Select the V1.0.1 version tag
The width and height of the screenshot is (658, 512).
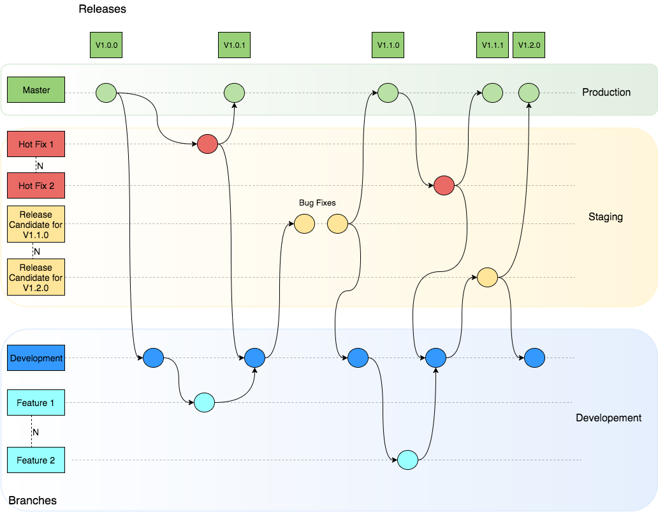coord(235,45)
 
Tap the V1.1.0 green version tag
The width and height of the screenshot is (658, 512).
coord(388,45)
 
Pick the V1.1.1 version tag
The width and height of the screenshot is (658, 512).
coord(492,45)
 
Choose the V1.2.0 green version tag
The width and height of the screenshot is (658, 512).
coord(529,45)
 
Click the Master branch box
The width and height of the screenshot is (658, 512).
coord(36,90)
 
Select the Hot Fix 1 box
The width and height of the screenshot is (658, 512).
coord(36,144)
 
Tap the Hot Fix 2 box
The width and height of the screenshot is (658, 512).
coord(36,186)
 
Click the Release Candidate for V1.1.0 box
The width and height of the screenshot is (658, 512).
coord(36,224)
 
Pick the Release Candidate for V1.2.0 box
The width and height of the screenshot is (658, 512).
coord(36,277)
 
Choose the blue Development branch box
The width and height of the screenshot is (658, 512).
coord(36,358)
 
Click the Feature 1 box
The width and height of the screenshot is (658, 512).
coord(36,403)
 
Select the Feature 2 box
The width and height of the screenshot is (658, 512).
coord(36,460)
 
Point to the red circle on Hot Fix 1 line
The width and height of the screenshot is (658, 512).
coord(208,144)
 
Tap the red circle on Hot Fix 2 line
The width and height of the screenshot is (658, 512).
coord(444,186)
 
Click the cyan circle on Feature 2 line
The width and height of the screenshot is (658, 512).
coord(407,460)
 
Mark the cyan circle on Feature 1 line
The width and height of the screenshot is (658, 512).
coord(204,402)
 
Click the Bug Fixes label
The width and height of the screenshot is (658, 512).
coord(318,203)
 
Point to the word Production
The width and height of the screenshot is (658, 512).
coord(606,93)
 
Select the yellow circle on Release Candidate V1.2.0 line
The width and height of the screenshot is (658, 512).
coord(487,277)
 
